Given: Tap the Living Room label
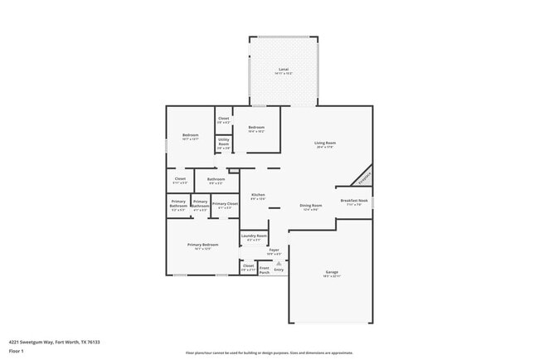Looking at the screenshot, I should click(x=324, y=144).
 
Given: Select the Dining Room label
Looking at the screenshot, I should click(x=311, y=206).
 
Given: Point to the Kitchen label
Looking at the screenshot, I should click(x=258, y=196).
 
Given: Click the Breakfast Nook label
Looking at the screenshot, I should click(x=354, y=202).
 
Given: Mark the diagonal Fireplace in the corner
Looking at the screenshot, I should click(x=364, y=177).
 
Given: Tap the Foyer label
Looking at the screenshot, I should click(x=274, y=251).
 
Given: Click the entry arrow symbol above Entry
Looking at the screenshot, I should click(x=279, y=262).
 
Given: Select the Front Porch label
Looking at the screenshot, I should click(x=265, y=270).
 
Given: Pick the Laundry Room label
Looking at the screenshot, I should click(x=254, y=237).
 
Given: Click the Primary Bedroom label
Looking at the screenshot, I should click(x=203, y=246).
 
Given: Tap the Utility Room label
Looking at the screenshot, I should click(x=224, y=143).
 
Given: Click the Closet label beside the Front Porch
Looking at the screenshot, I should click(x=248, y=267).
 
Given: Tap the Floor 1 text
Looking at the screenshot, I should click(x=17, y=351).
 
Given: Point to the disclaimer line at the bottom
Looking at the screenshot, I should click(x=269, y=353).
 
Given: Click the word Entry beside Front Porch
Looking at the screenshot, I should click(x=279, y=270).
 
